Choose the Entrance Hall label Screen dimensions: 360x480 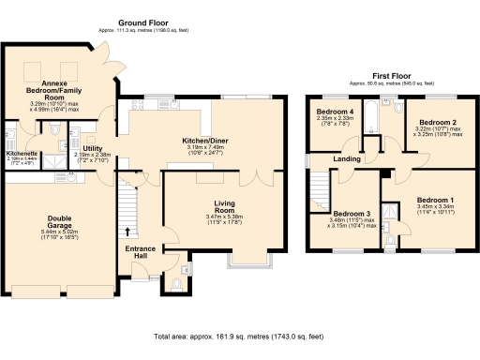point(141,252)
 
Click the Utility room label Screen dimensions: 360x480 point(92,148)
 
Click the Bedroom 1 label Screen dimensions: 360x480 point(434,200)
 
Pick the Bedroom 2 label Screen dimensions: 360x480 point(437,123)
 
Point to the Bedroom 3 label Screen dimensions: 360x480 point(352,214)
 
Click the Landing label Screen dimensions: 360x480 point(347,158)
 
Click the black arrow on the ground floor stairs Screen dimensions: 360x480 point(127,230)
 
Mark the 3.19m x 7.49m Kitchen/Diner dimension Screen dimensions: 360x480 point(210,149)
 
